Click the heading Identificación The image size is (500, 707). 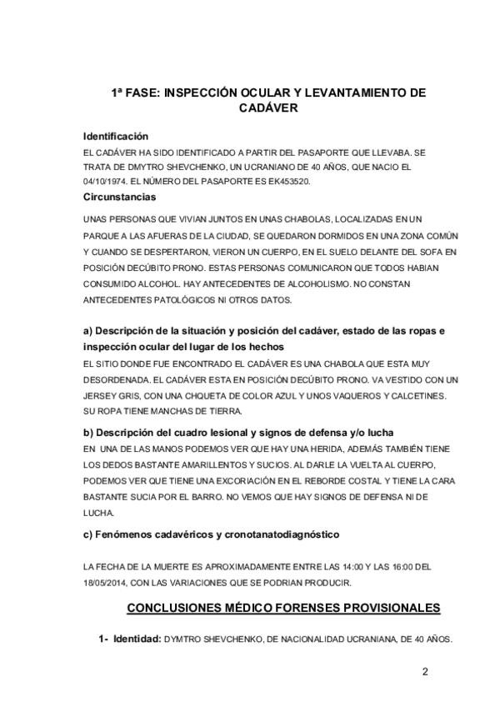coord(115,136)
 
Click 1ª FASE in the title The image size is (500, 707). coord(135,94)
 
